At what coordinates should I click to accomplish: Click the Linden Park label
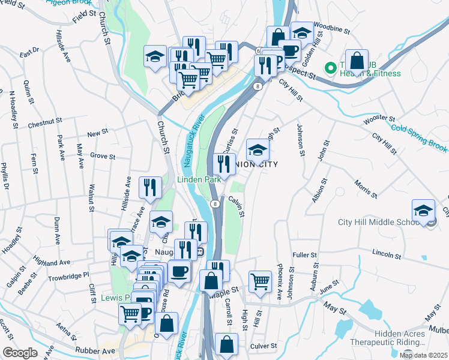198,179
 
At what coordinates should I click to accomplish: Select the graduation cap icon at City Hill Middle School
423,211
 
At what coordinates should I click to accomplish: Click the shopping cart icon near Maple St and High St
259,280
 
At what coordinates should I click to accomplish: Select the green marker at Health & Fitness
330,67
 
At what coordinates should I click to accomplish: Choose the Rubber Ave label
95,350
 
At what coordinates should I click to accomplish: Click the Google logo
20,353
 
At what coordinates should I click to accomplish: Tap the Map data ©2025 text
423,355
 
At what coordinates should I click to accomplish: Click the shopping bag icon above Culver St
226,345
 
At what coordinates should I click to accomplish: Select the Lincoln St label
386,254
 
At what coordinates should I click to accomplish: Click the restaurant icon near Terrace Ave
149,187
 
